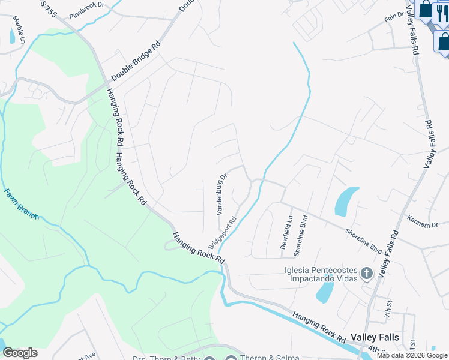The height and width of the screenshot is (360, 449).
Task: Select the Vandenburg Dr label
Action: (x=221, y=194)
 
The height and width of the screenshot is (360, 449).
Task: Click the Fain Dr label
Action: (x=394, y=16)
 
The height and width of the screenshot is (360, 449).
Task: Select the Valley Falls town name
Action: (x=374, y=338)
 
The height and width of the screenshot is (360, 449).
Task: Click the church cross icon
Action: (x=367, y=274)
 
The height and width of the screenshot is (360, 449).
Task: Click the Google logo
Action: (x=20, y=353)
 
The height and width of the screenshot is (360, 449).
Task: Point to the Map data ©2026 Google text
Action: (x=412, y=355)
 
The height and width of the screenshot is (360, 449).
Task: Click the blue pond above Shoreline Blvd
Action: (x=345, y=202)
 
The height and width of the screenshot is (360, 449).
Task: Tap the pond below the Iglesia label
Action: (x=325, y=292)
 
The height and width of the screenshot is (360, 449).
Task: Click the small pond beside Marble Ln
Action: (x=12, y=37)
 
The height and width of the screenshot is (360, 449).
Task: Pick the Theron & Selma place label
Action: (x=270, y=358)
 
